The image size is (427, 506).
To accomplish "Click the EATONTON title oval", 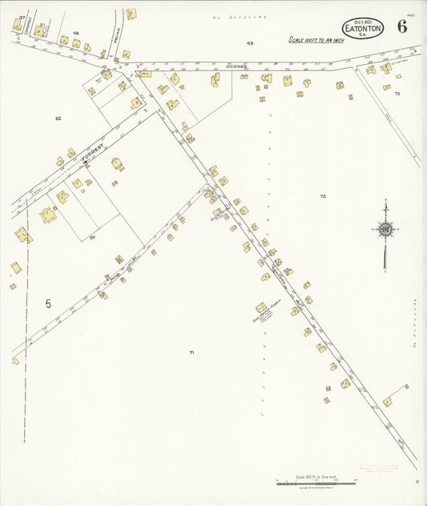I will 363,27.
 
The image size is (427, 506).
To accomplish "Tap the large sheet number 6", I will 401,26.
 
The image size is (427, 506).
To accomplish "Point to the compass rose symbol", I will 385,231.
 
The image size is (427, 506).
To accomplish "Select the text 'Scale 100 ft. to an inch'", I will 316,39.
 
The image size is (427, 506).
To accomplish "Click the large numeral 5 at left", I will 48,303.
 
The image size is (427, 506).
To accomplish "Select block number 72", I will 323,196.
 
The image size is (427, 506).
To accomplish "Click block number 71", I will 191,352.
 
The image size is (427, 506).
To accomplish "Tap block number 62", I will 58,118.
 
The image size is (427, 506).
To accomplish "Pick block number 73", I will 397,94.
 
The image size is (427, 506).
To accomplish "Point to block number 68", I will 76,33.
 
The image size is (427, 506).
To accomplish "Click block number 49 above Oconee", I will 250,42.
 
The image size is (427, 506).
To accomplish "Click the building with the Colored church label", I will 261,307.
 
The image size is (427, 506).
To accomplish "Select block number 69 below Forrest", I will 92,237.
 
